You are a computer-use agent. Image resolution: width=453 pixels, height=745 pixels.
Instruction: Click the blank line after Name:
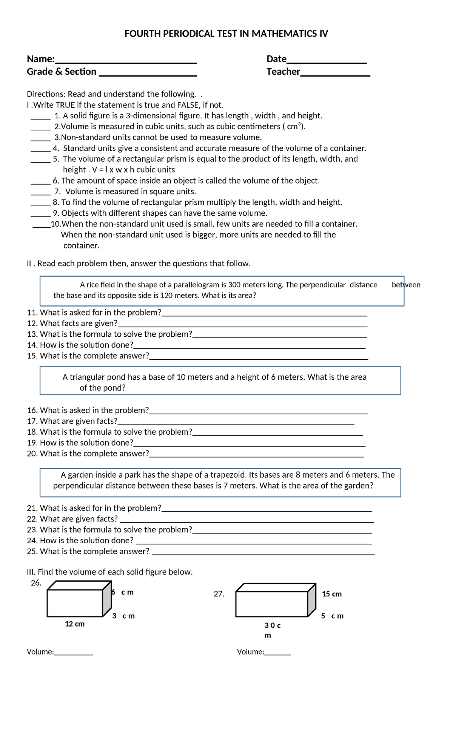(x=126, y=62)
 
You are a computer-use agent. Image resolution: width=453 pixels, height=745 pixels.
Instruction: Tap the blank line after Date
(x=327, y=62)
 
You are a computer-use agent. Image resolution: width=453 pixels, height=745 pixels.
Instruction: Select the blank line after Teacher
(x=335, y=75)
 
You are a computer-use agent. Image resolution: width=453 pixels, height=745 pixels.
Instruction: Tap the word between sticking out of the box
(x=406, y=285)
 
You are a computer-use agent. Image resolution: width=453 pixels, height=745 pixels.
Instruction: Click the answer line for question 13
(x=279, y=336)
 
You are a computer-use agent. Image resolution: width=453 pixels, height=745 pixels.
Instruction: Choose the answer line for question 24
(x=254, y=543)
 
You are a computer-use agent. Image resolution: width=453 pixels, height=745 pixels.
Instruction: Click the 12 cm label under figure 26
(x=75, y=624)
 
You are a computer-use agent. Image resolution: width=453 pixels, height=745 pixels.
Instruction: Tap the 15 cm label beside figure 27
(x=331, y=594)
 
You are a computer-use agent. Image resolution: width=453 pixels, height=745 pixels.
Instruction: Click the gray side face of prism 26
(x=107, y=600)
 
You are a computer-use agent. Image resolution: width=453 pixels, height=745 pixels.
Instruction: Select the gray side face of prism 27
(x=312, y=602)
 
